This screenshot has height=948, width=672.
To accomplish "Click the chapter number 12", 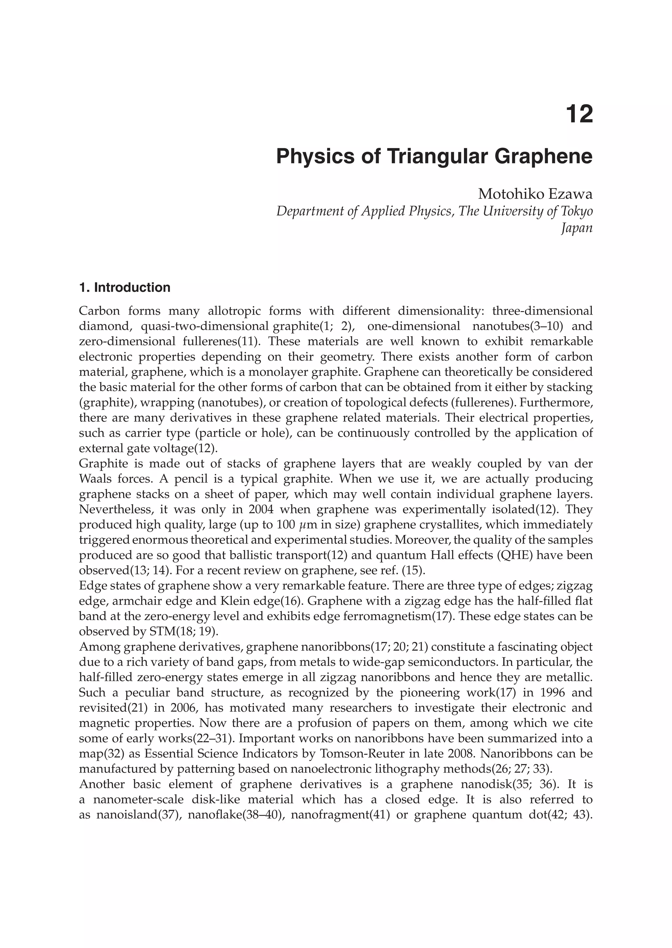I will pos(579,114).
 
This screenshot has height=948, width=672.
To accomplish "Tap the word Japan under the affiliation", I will pos(577,228).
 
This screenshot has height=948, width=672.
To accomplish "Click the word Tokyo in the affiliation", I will pos(577,211).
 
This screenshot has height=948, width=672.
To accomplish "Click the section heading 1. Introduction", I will pos(125,287).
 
